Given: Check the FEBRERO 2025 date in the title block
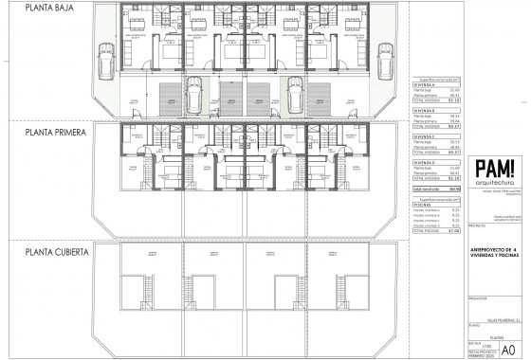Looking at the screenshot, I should tap(484, 351).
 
